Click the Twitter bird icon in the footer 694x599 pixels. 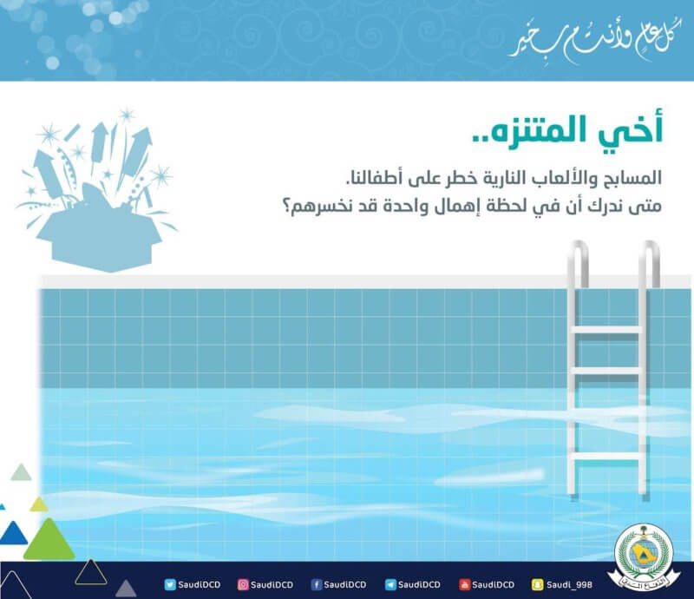170,585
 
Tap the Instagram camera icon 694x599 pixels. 243,585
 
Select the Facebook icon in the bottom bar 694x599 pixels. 316,585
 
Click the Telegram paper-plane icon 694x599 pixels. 390,585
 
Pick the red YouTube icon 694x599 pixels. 464,585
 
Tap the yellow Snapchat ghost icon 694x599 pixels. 537,585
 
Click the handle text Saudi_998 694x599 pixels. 569,585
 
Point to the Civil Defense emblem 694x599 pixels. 645,556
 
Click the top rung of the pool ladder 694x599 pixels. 606,330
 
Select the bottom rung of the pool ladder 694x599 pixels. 606,457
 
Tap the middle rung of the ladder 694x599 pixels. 606,371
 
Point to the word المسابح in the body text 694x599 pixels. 633,178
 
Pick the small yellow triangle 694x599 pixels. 39,504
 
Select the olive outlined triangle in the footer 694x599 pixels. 91,572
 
